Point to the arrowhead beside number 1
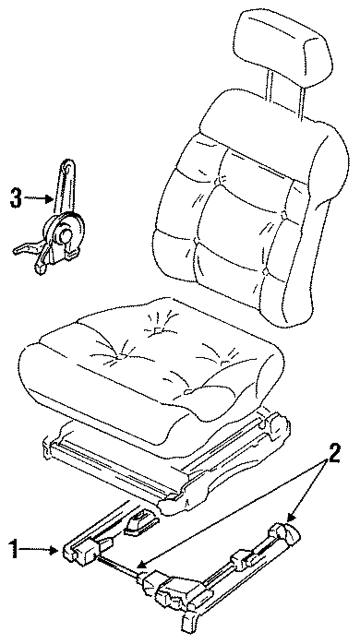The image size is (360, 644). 55,549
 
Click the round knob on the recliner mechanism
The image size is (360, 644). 65,236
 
